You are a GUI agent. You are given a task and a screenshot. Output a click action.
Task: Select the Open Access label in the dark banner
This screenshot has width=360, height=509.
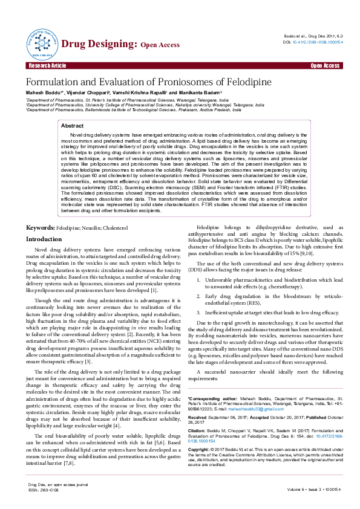tap(325, 65)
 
